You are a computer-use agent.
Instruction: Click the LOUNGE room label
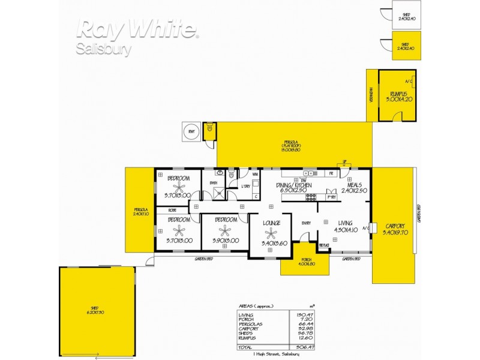pos(271,224)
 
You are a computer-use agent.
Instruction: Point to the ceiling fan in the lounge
pos(271,235)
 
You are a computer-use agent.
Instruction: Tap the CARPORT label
pos(393,226)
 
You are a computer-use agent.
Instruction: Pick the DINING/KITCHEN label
pos(295,186)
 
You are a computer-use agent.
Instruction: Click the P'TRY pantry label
pos(331,197)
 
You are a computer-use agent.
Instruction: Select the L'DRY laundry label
pos(245,186)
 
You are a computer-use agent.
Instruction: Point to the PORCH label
pos(304,261)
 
